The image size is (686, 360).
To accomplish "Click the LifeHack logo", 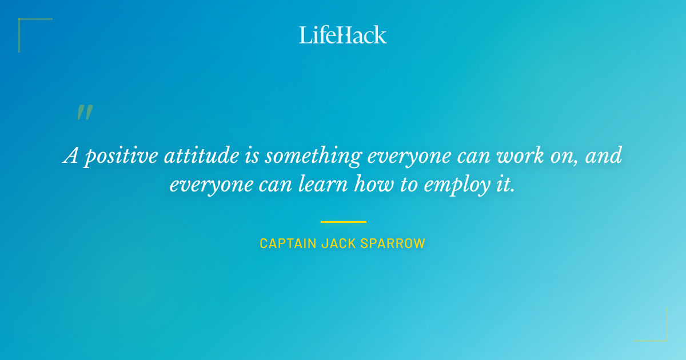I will pos(343,35).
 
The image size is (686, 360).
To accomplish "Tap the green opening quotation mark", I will pos(84,112).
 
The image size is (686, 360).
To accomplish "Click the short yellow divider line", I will pos(343,222).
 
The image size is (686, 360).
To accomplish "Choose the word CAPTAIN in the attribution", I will pos(288,243).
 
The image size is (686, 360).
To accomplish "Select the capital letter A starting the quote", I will pos(70,155).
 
